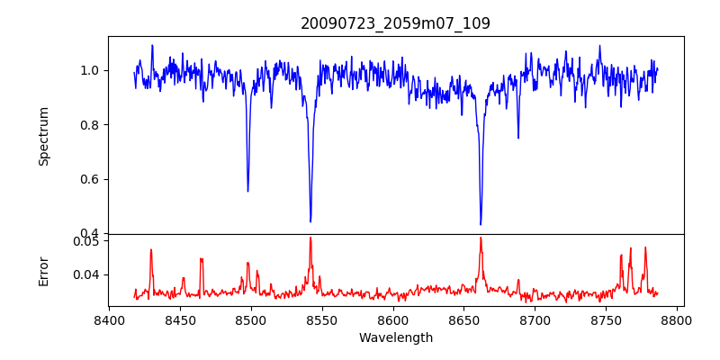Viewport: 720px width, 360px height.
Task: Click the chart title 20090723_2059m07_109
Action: click(395, 23)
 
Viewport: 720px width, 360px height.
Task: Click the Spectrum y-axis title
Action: click(43, 136)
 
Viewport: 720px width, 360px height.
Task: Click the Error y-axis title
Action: click(43, 271)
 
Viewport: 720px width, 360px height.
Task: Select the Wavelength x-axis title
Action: click(395, 338)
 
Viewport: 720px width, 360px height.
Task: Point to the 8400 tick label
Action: click(109, 319)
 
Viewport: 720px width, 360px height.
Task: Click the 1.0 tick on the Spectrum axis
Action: click(91, 70)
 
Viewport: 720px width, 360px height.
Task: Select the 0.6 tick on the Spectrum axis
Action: click(91, 179)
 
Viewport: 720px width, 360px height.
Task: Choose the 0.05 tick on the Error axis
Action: click(87, 241)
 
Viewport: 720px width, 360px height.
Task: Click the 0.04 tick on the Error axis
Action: click(87, 274)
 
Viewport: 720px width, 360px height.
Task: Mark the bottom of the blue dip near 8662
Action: click(481, 224)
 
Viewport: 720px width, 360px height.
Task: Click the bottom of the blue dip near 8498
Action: click(248, 191)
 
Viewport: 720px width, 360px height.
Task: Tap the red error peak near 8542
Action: click(310, 238)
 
